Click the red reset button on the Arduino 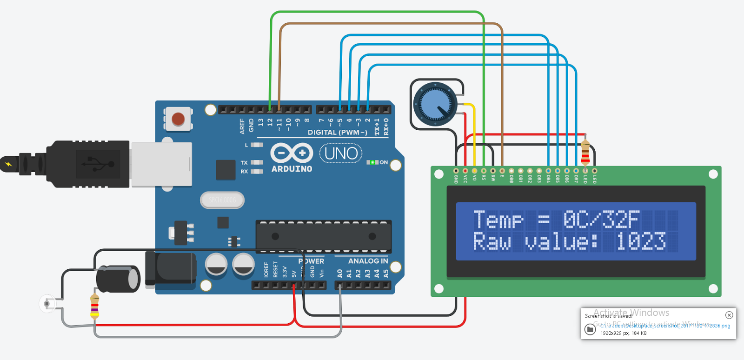(x=178, y=119)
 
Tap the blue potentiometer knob (x=435, y=103)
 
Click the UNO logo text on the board (x=341, y=153)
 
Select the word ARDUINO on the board (x=292, y=169)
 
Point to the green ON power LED (x=372, y=162)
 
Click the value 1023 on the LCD (x=641, y=241)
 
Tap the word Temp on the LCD (x=498, y=219)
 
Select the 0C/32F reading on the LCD (x=601, y=219)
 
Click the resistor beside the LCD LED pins (x=585, y=152)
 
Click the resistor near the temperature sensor (x=94, y=306)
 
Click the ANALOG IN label (x=368, y=261)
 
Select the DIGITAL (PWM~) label (x=337, y=132)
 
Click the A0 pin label (x=339, y=273)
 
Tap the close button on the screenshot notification (x=729, y=315)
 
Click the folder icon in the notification (x=590, y=329)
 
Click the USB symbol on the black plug (x=98, y=164)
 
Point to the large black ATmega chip (x=324, y=236)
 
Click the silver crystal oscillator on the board (x=222, y=200)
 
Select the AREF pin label (x=242, y=126)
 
